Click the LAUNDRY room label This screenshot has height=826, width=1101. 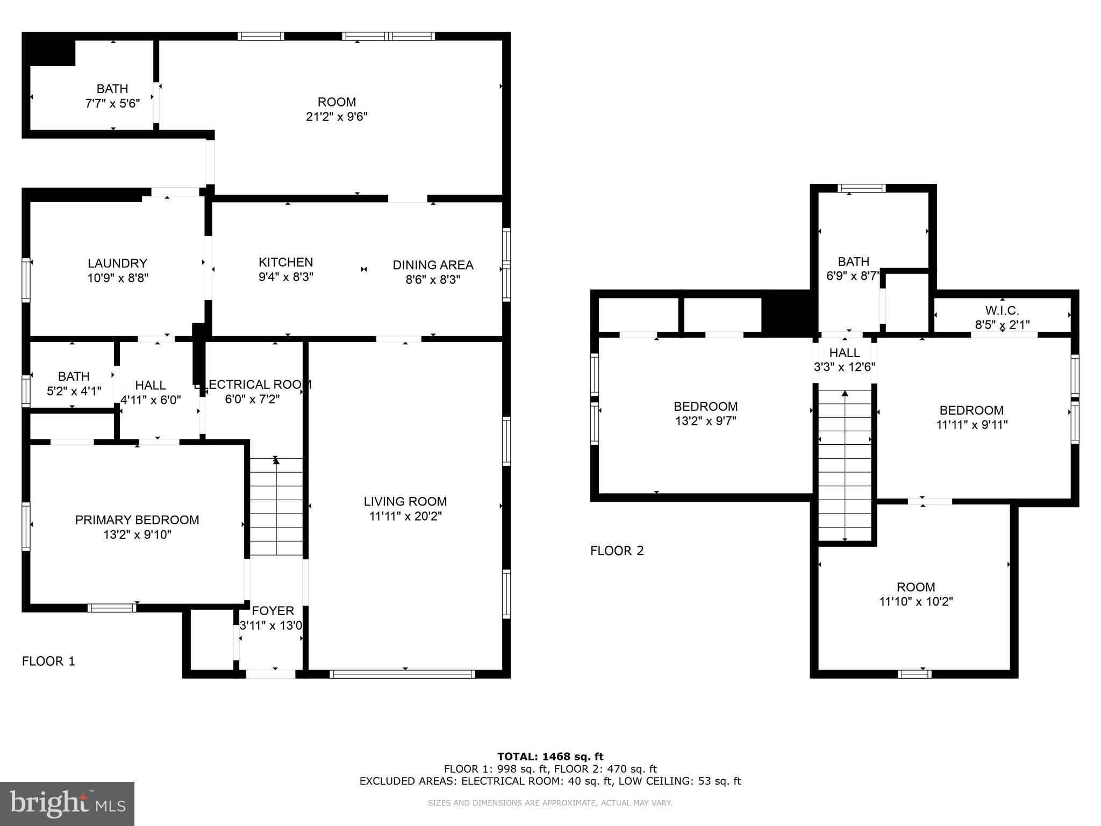117,264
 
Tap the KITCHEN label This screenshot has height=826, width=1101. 285,262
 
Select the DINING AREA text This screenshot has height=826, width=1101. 433,265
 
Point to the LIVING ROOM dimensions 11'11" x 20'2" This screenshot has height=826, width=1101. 405,516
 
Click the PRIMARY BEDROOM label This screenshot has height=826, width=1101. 137,520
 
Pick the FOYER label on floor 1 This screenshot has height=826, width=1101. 273,611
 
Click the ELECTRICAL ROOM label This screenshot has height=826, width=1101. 253,384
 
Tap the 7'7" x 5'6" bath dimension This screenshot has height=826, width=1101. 112,103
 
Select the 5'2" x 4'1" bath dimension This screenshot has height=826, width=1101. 74,391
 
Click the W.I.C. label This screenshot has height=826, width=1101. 1002,310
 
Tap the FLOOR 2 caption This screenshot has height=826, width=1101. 617,551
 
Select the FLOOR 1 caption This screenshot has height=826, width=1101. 48,661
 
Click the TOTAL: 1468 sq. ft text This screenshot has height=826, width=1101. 550,757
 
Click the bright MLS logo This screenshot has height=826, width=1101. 67,803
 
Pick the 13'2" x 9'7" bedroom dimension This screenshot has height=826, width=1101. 705,421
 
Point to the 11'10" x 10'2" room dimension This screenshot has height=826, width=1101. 916,601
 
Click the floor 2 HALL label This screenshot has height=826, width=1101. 844,353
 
